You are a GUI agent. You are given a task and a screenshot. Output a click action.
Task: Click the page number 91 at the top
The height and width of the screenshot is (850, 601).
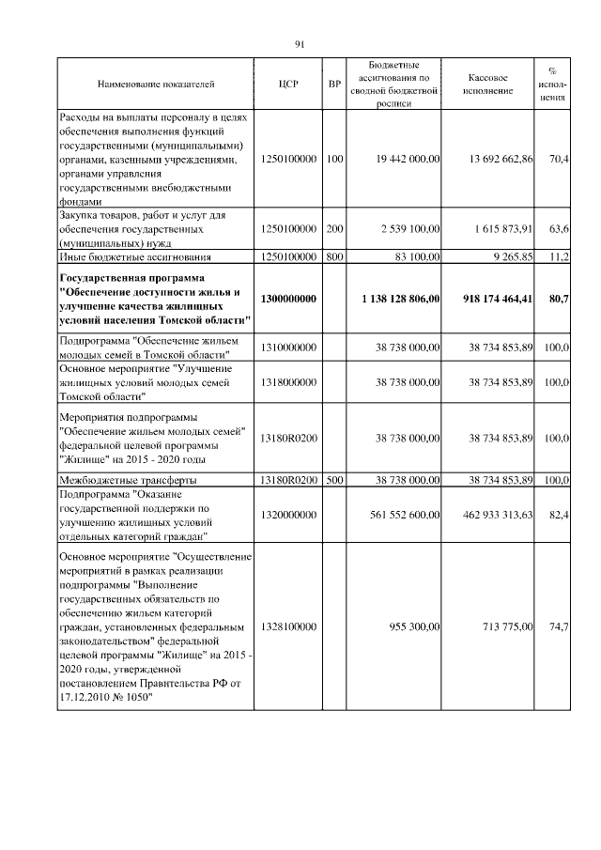point(300,44)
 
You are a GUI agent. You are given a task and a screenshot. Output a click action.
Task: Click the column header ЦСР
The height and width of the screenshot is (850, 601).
point(288,85)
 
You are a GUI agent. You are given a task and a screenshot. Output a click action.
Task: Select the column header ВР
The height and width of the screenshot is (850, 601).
point(333,85)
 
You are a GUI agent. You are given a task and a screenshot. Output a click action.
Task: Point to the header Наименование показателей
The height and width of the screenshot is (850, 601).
point(155,85)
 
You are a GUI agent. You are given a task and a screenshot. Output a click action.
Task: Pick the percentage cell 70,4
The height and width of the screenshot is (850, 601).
point(559,160)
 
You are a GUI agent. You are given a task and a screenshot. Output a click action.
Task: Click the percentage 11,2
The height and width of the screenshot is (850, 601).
point(559,255)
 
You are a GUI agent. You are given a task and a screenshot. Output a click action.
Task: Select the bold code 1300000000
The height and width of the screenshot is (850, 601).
point(288,298)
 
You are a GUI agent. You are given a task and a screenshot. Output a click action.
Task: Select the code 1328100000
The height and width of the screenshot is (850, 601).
point(288,626)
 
